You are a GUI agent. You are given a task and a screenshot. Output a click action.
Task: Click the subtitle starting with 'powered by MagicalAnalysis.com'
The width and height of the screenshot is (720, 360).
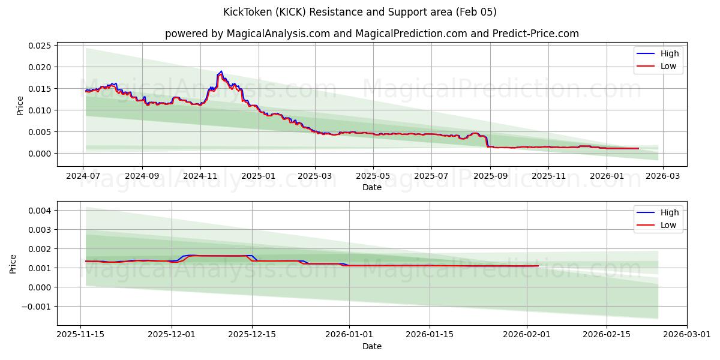[x=372, y=34]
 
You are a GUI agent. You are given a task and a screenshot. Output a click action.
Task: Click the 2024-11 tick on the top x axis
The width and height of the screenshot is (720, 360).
[x=200, y=176]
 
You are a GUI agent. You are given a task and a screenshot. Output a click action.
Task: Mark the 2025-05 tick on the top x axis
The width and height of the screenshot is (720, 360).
[x=373, y=176]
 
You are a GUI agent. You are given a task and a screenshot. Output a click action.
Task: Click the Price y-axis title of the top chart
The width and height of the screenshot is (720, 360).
[x=20, y=105]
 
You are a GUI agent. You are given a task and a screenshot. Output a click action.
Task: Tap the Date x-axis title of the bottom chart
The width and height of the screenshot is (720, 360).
[x=372, y=346]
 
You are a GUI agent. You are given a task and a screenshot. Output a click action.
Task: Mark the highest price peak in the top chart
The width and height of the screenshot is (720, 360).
[x=221, y=71]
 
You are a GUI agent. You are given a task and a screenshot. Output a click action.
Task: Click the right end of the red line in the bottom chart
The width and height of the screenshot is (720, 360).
[x=538, y=266]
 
